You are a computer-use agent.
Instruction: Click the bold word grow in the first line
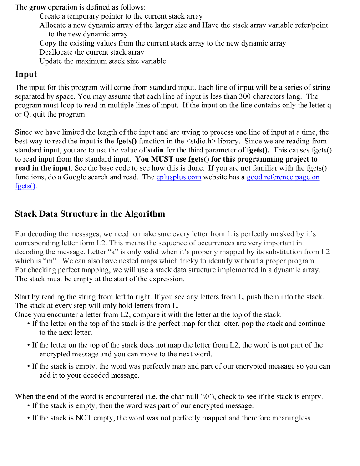(x=37, y=7)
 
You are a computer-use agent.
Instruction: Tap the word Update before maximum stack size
(x=51, y=61)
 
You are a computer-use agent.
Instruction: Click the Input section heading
(x=26, y=74)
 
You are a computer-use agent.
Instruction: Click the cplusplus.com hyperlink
(x=178, y=177)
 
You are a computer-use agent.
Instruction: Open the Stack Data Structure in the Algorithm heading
(x=90, y=213)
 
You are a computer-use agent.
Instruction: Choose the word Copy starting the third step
(x=48, y=43)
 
